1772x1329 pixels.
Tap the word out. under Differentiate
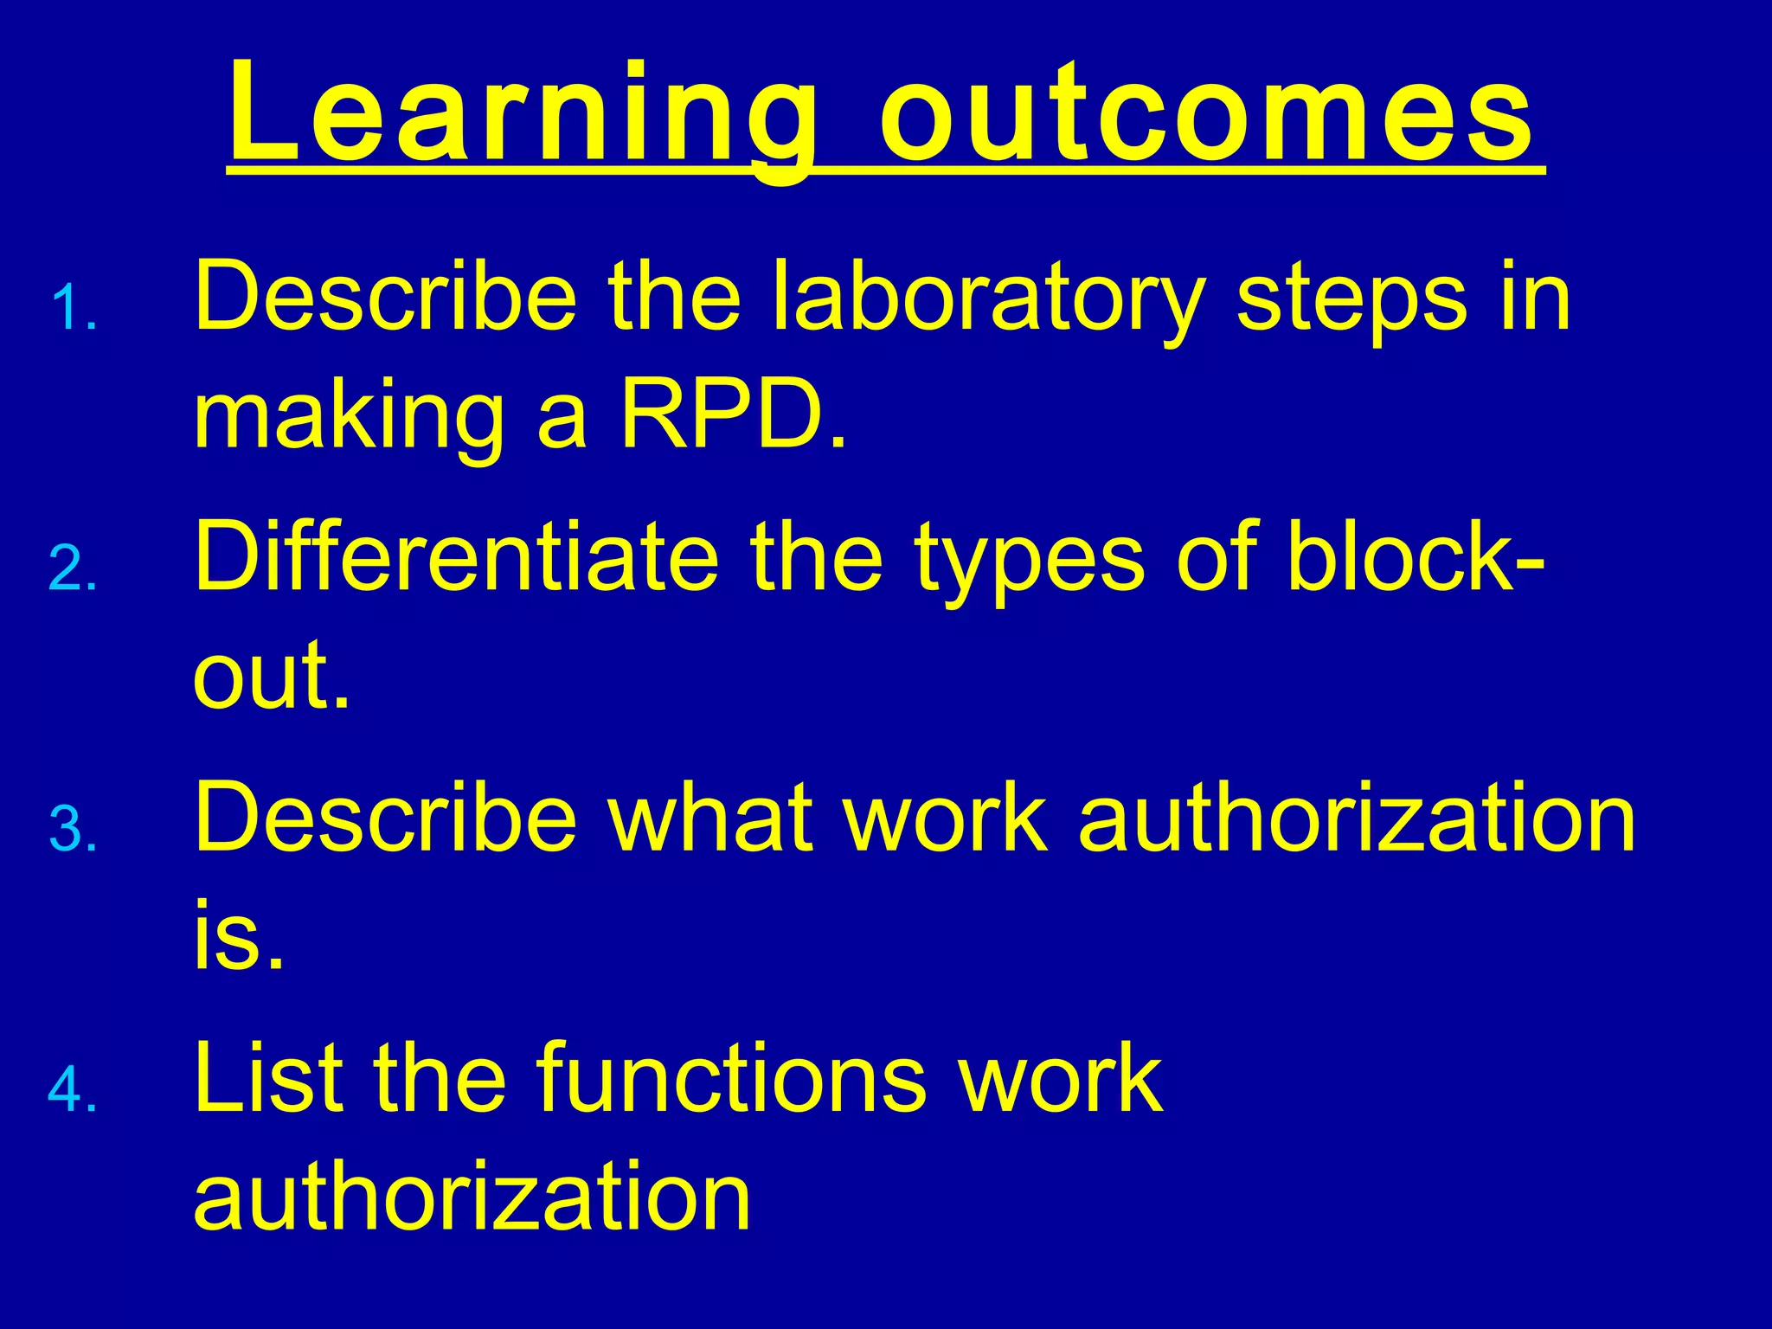(x=272, y=676)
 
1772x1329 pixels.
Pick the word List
(x=265, y=1077)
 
